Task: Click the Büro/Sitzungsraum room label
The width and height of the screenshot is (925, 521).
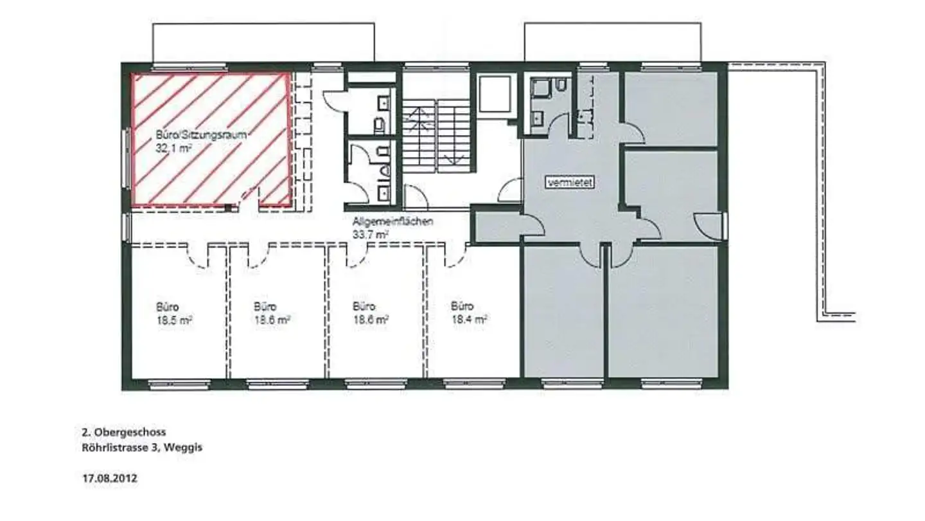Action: tap(202, 135)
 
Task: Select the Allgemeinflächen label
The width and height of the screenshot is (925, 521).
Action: tap(392, 222)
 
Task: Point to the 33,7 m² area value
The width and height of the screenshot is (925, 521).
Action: tap(371, 235)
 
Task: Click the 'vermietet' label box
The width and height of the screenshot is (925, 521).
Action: tap(570, 183)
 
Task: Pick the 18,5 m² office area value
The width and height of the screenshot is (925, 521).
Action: tap(174, 320)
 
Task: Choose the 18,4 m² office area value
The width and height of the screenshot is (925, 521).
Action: tap(470, 319)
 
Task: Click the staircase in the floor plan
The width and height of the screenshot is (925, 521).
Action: tap(437, 136)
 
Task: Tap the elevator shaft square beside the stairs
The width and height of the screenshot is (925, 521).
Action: tap(495, 94)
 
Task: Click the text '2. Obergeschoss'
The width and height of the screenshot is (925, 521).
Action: tap(124, 432)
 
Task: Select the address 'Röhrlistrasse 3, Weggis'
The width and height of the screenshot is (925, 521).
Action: tap(142, 448)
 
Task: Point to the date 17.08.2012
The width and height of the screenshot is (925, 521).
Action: tap(110, 479)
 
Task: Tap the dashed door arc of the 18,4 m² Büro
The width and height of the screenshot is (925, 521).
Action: tap(455, 257)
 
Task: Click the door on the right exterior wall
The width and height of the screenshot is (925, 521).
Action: tap(709, 226)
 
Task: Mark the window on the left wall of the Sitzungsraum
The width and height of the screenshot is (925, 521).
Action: tap(127, 158)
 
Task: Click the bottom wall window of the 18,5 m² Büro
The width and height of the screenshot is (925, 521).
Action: tap(180, 385)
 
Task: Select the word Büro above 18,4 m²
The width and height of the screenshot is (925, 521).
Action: tap(462, 306)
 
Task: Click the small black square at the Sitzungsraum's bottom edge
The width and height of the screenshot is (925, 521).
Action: tap(227, 208)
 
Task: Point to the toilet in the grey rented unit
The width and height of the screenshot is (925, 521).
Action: tap(561, 86)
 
